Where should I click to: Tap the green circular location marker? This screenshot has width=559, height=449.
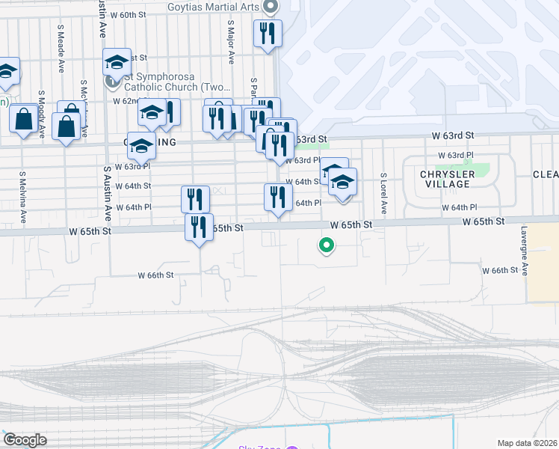coord(326,244)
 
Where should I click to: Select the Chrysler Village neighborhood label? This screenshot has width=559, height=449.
coord(438,179)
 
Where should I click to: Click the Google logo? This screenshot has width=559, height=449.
coord(25,440)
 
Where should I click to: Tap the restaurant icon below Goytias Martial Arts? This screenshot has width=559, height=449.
coord(268,33)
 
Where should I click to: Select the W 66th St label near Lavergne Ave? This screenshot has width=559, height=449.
coord(500,270)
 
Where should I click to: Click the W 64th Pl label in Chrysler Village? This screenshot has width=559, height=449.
coord(459,207)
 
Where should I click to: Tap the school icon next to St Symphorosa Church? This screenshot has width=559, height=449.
coord(117,62)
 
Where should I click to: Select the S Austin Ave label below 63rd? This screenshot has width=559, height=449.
coord(108,192)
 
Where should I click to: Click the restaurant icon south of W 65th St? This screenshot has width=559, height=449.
coord(199,226)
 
